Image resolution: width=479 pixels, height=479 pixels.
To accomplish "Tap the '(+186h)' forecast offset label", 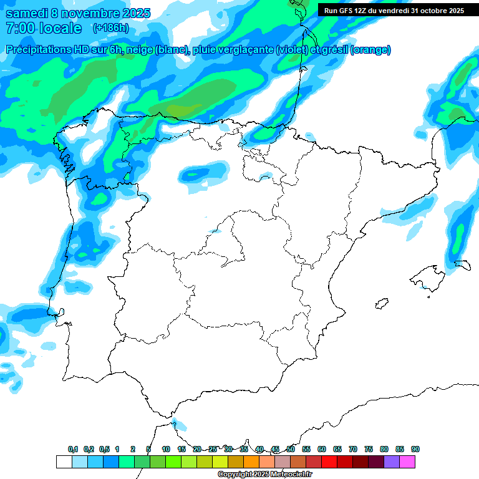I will (110, 28).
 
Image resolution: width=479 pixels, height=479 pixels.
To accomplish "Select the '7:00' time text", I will (20, 28).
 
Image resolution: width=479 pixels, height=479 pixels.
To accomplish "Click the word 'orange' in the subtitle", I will (370, 50).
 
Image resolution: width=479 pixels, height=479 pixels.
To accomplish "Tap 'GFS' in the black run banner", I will (349, 11).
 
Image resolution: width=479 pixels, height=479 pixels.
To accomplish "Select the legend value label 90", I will (415, 449).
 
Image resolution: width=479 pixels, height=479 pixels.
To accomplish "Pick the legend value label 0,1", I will (73, 449).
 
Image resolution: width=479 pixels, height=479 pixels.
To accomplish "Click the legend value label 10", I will (166, 449).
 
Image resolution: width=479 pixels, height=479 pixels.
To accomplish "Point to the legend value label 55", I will (306, 449).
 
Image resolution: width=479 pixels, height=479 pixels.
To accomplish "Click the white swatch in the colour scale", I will (64, 462).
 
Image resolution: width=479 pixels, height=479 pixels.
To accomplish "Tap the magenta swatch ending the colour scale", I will (407, 462).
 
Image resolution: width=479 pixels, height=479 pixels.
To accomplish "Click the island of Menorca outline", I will (462, 264).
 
